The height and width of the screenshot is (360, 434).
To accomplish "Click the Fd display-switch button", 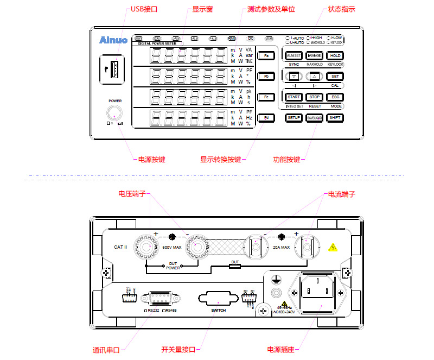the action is pyautogui.click(x=266, y=117).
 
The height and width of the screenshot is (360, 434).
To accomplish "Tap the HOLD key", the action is pyautogui.click(x=335, y=55).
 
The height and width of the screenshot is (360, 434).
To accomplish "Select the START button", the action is pyautogui.click(x=293, y=97).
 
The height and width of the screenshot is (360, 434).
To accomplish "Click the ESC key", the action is pyautogui.click(x=335, y=97).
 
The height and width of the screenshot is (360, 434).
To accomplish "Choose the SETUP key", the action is pyautogui.click(x=293, y=117).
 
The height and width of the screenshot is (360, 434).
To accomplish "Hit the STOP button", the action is pyautogui.click(x=315, y=97).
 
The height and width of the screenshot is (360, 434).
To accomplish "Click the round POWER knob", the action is pyautogui.click(x=114, y=113).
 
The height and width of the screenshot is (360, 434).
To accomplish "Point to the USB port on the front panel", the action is pyautogui.click(x=115, y=69).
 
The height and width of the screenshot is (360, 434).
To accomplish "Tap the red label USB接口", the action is pyautogui.click(x=144, y=9).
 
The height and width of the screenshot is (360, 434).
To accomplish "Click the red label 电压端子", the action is pyautogui.click(x=132, y=193).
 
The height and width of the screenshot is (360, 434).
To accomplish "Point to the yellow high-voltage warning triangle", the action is pyautogui.click(x=333, y=247).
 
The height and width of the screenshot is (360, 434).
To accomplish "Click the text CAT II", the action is pyautogui.click(x=120, y=247).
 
